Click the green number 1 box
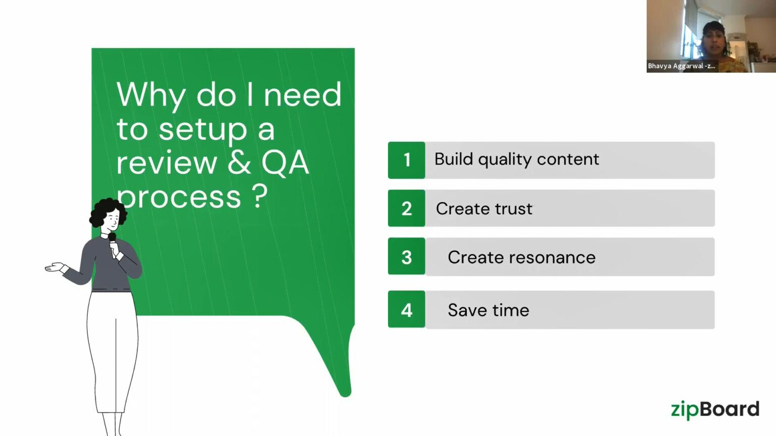pyautogui.click(x=407, y=160)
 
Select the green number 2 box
pyautogui.click(x=407, y=208)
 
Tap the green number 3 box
pyautogui.click(x=407, y=257)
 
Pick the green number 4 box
pyautogui.click(x=407, y=309)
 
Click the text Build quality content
pyautogui.click(x=516, y=159)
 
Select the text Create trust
pyautogui.click(x=484, y=208)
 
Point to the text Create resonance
pyautogui.click(x=521, y=257)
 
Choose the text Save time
pyautogui.click(x=488, y=310)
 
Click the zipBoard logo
pyautogui.click(x=715, y=409)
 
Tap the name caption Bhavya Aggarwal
pyautogui.click(x=681, y=66)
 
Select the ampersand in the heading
pyautogui.click(x=239, y=162)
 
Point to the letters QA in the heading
pyautogui.click(x=285, y=163)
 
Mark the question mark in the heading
pyautogui.click(x=260, y=196)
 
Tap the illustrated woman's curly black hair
pyautogui.click(x=106, y=209)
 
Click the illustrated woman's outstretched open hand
pyautogui.click(x=55, y=267)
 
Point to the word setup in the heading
pyautogui.click(x=203, y=130)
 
